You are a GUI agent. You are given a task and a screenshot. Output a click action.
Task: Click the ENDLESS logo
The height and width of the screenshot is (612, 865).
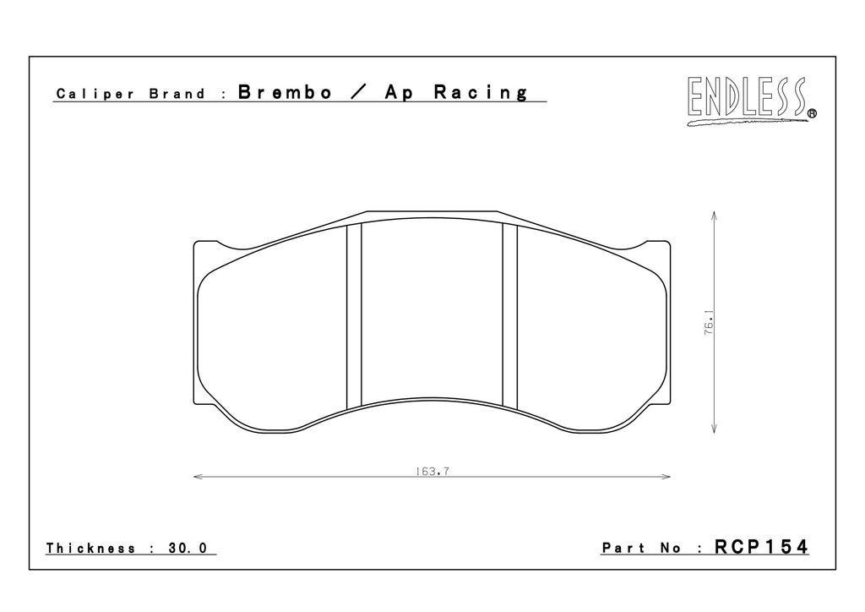[x=751, y=101]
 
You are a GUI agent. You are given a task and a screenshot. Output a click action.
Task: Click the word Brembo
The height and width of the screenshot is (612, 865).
[x=286, y=92]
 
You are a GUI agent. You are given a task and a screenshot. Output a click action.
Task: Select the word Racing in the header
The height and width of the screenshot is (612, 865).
[x=481, y=93]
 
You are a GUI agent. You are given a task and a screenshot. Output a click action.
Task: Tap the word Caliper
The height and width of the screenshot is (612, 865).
[x=95, y=94]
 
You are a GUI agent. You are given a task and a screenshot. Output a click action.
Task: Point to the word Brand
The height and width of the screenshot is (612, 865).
[x=177, y=94]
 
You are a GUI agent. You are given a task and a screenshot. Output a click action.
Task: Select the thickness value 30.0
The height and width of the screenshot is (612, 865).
[x=188, y=548]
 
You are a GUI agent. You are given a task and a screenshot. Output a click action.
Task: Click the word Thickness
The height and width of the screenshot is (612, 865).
[x=90, y=548]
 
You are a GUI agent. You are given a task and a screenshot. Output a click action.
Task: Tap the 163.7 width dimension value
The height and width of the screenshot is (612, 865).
[x=432, y=472]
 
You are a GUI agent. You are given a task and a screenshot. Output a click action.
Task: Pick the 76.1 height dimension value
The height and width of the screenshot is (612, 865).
[x=709, y=322]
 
